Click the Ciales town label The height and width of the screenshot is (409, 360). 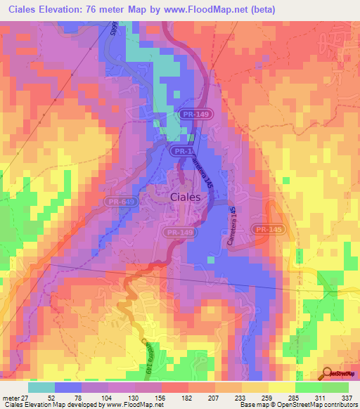[x=186, y=197]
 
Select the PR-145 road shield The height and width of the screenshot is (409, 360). [x=268, y=229]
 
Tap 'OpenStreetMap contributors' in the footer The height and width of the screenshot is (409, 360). [x=324, y=405]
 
